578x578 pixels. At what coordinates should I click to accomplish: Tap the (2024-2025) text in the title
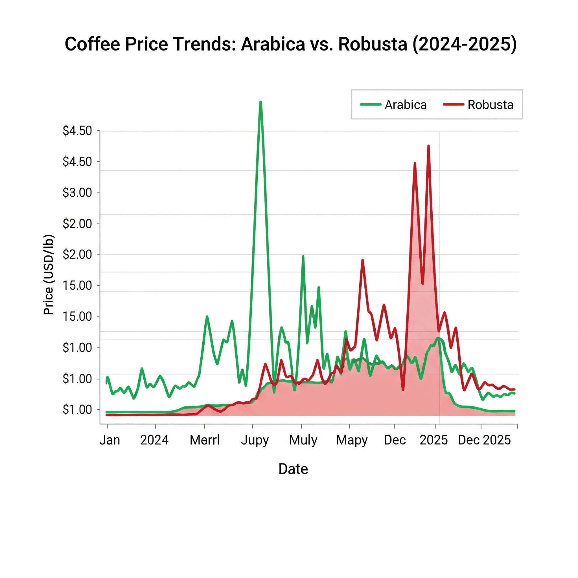pos(464,44)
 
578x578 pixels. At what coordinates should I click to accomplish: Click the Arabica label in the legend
pos(405,105)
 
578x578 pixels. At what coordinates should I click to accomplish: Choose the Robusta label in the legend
pos(490,105)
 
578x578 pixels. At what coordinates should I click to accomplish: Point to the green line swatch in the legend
pos(371,105)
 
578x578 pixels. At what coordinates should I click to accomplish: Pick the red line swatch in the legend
pos(454,105)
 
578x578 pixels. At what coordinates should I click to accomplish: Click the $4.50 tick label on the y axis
pos(77,131)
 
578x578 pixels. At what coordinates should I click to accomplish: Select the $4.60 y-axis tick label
pos(77,161)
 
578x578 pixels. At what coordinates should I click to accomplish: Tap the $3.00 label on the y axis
pos(77,193)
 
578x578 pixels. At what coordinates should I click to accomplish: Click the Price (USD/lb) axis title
pos(49,275)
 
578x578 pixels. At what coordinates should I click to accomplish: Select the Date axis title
pos(293,469)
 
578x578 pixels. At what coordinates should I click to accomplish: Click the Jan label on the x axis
pos(110,440)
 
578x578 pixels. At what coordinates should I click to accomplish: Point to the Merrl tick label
pos(205,440)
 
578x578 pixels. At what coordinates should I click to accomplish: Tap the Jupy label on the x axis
pos(255,440)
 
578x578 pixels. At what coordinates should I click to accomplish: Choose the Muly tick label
pos(303,440)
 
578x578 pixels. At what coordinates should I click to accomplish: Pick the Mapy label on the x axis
pos(352,440)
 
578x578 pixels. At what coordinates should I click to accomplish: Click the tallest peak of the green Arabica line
pos(260,102)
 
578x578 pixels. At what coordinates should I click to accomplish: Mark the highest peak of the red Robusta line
pos(429,146)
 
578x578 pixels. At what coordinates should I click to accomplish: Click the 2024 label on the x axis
pos(154,440)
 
